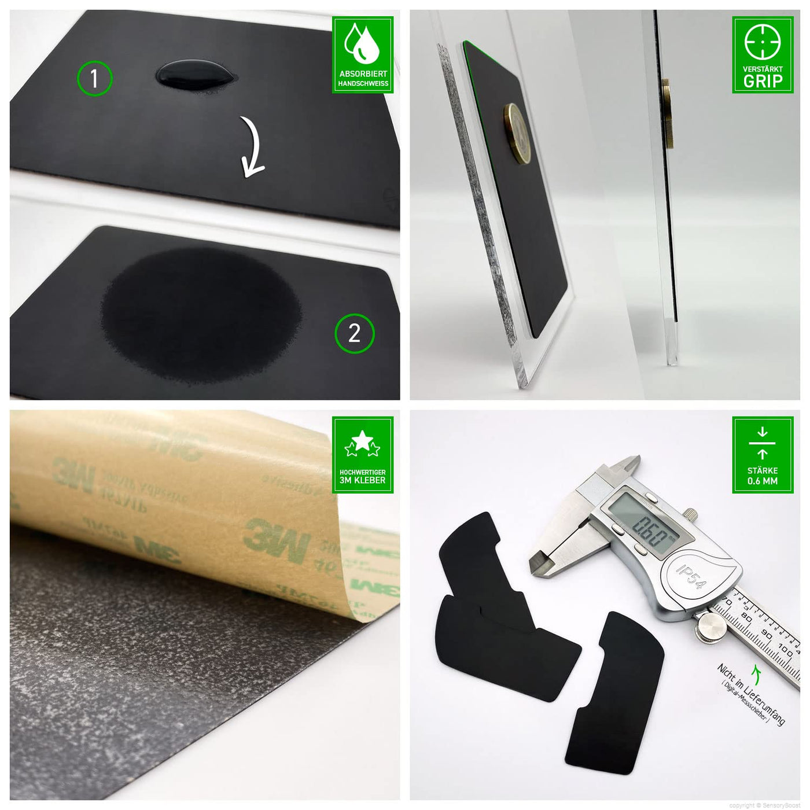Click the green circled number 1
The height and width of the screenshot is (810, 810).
click(94, 78)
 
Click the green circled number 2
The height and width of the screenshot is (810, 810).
click(354, 333)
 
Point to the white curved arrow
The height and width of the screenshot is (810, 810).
click(252, 146)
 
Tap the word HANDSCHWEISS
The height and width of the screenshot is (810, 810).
click(363, 84)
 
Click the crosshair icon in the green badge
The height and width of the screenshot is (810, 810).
click(763, 42)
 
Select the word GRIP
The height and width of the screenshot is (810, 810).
click(763, 82)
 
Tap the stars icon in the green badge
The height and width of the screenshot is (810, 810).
click(362, 444)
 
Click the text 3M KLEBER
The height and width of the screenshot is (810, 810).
click(363, 481)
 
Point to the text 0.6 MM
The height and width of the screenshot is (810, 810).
click(763, 481)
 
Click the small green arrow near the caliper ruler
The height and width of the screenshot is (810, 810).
click(756, 675)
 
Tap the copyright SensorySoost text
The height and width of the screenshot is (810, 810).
click(766, 805)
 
